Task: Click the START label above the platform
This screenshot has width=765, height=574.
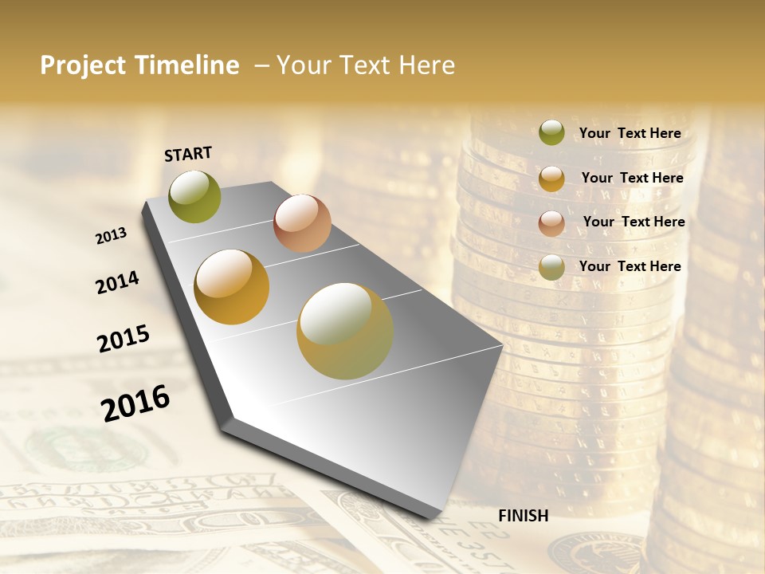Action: tap(188, 154)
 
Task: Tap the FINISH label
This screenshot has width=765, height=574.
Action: tap(523, 516)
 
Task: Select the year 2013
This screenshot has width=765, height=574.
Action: tap(111, 236)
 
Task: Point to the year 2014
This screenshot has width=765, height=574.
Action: tap(117, 283)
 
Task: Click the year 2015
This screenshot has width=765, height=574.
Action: tap(124, 339)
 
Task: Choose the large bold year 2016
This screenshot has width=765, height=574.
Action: tap(135, 403)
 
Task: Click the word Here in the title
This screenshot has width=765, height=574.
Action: tap(427, 65)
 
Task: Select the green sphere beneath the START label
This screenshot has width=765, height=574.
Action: tap(194, 197)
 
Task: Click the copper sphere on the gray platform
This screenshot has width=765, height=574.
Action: tap(302, 223)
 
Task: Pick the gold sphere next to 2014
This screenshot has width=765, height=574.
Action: tap(232, 287)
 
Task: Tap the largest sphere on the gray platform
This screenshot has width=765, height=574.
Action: tap(345, 331)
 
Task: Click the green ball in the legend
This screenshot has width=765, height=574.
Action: tap(551, 133)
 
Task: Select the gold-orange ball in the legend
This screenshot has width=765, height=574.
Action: tap(551, 179)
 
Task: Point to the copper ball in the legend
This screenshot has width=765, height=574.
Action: tap(551, 223)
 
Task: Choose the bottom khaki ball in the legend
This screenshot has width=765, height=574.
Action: tap(551, 267)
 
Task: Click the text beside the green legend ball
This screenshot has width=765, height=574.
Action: tap(630, 133)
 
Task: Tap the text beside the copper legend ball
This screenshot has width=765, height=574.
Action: tap(634, 222)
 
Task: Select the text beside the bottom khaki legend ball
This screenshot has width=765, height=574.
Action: tap(630, 266)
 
